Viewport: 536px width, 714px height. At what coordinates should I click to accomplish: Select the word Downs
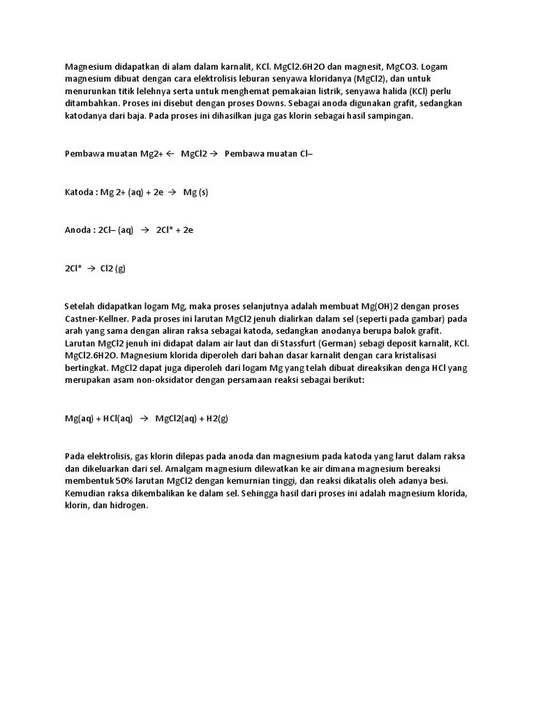tap(270, 103)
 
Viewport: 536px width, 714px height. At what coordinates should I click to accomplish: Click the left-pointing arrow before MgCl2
tap(170, 154)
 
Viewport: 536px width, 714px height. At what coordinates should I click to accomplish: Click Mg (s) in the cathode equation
tap(195, 192)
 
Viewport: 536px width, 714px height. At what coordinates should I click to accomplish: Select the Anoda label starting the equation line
tap(78, 230)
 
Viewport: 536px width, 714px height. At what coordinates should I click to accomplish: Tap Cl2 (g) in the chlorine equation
tap(113, 268)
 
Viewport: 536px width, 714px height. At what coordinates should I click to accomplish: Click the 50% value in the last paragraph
tap(124, 481)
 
